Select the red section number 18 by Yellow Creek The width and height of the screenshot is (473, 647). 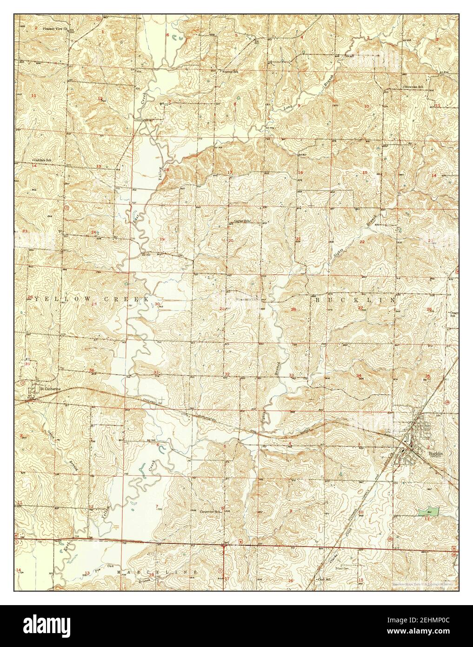[x=166, y=169]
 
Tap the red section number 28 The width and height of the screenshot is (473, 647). [x=293, y=310]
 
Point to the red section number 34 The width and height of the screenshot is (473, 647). [x=359, y=376]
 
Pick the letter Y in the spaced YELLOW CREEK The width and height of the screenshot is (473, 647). [x=33, y=298]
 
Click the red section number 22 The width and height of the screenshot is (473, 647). [x=362, y=242]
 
